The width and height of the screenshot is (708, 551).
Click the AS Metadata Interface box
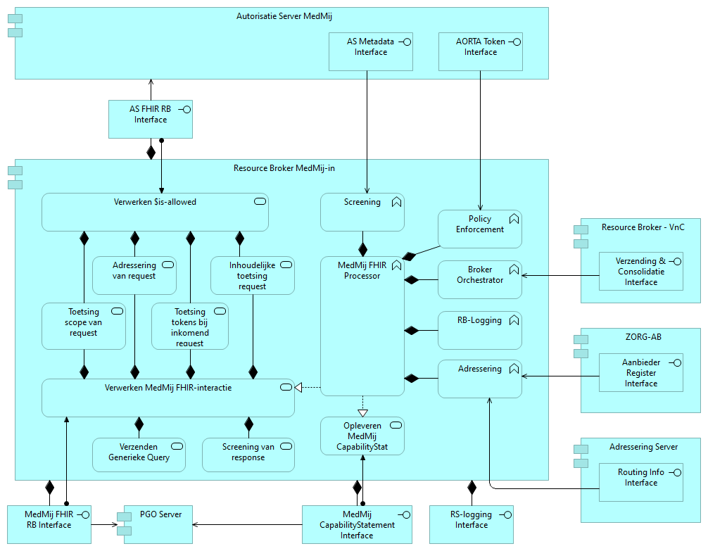point(371,51)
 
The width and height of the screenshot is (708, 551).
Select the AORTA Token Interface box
point(481,51)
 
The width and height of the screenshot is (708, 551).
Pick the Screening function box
point(362,212)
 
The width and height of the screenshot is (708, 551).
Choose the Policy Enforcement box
point(480,229)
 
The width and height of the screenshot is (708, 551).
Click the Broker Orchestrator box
point(480,279)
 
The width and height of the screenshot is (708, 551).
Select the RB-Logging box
point(480,330)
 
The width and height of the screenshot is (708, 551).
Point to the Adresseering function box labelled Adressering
point(480,379)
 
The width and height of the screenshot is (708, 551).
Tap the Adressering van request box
point(134,274)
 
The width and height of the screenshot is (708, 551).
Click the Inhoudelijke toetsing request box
point(252,275)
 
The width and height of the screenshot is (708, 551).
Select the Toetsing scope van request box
point(83,326)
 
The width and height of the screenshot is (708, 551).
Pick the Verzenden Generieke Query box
point(139,455)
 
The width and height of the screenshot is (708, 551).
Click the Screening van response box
point(248,455)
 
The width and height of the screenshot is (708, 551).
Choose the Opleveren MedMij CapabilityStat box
point(362,436)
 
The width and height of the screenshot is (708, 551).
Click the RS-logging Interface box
point(472,524)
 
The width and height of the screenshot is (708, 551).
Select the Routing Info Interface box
point(640,481)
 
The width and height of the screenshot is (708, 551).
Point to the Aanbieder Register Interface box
point(640,372)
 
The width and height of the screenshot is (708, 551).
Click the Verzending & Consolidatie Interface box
point(640,271)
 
